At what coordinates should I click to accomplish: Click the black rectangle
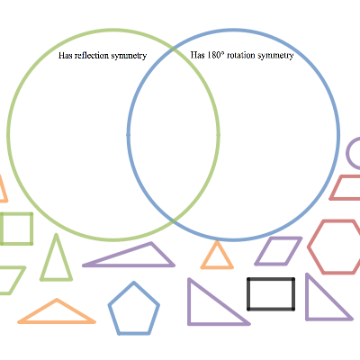[247, 294]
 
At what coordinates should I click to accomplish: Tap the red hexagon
[309, 247]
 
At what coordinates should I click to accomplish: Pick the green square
[31, 229]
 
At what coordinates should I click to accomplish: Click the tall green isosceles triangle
[48, 258]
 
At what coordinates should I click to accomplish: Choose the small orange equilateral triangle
[210, 255]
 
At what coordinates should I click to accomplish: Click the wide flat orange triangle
[57, 322]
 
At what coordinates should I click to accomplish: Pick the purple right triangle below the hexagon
[307, 297]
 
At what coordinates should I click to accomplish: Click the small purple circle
[348, 153]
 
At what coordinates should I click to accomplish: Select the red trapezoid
[345, 199]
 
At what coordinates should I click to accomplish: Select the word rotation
[241, 56]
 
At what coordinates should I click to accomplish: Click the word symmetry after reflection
[129, 56]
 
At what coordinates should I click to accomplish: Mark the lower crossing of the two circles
[174, 221]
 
